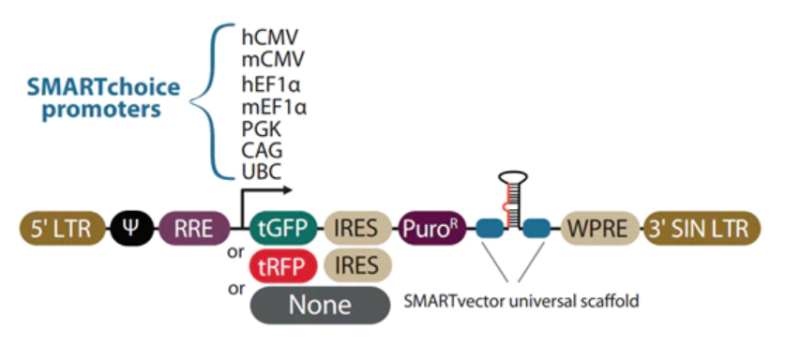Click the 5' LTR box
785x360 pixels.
[x=62, y=229]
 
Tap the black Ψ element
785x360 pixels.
[x=132, y=229]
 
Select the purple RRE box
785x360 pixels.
[x=194, y=229]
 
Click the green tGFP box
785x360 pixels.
[x=283, y=229]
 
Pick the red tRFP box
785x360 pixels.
[x=283, y=266]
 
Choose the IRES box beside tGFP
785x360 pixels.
[x=357, y=229]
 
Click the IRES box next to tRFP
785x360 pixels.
[x=357, y=266]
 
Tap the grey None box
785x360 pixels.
[x=320, y=305]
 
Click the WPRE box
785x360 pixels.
[x=600, y=229]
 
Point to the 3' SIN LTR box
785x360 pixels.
[x=702, y=229]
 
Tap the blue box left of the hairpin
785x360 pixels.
[x=491, y=229]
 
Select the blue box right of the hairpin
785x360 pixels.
[x=536, y=229]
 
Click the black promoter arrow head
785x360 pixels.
[x=287, y=189]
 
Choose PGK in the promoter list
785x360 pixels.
[x=261, y=129]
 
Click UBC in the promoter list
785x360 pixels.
[x=261, y=172]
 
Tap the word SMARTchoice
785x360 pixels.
[x=103, y=87]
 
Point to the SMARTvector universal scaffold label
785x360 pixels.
[x=521, y=302]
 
